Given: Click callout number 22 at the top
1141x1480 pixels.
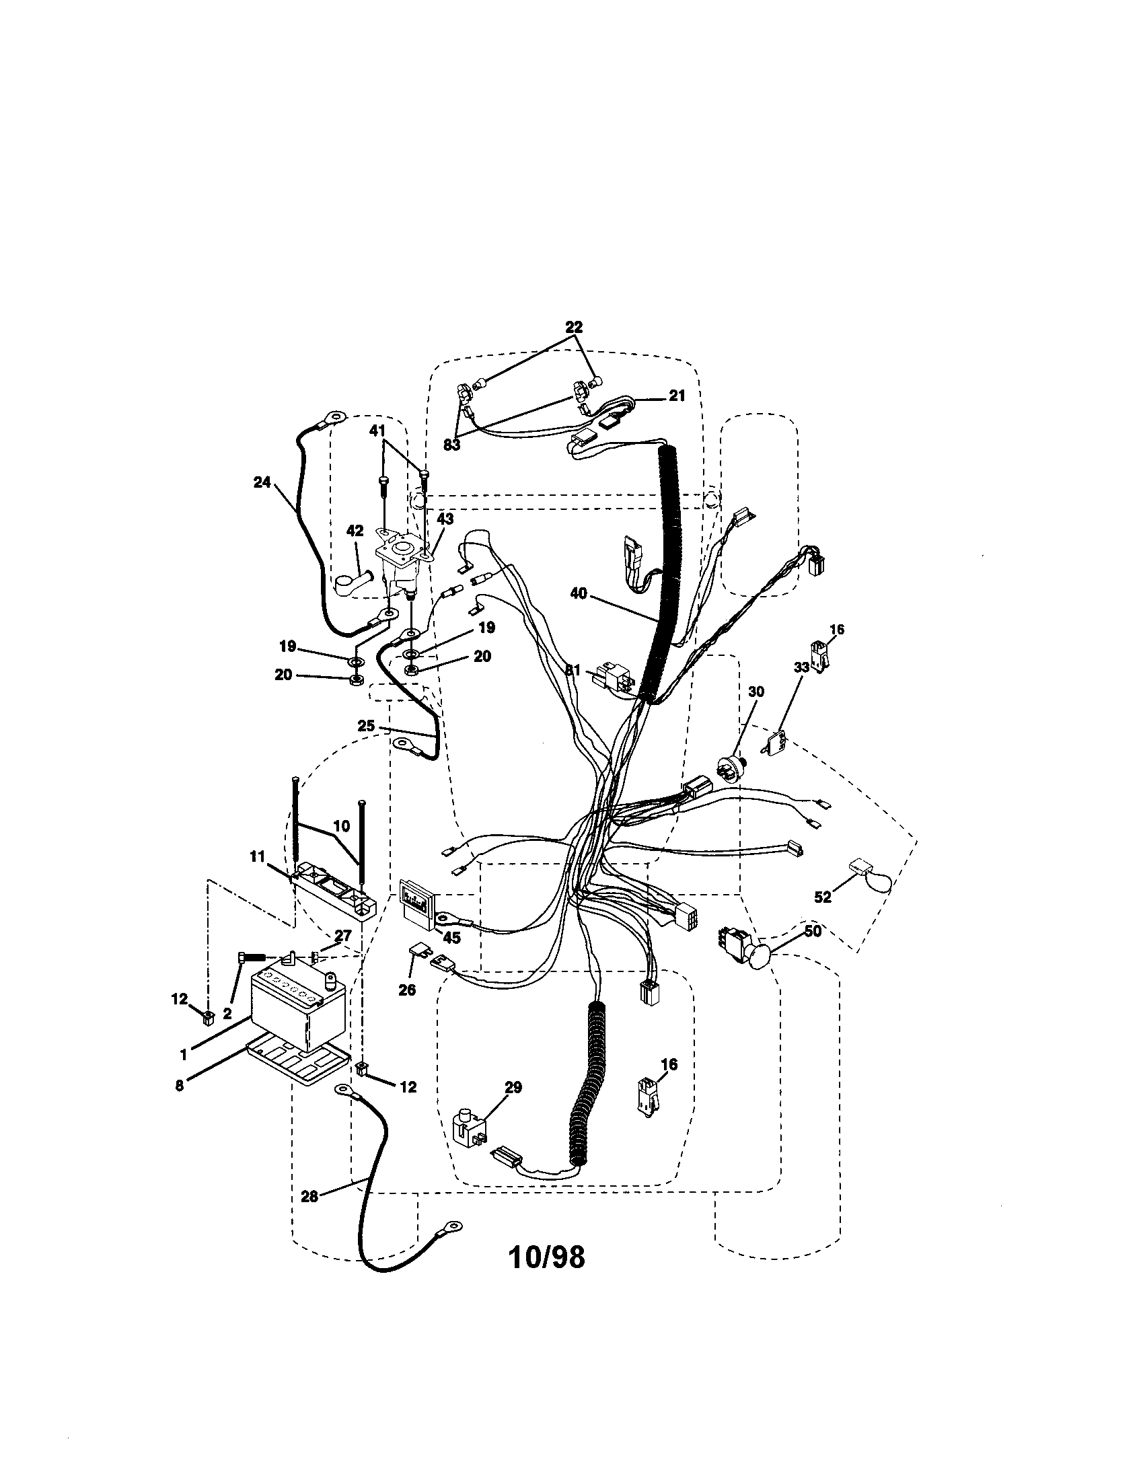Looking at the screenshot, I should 573,327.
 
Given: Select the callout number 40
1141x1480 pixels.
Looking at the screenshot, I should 579,593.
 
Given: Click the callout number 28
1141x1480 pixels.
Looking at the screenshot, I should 309,1197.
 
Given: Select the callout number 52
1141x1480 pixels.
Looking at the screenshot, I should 822,897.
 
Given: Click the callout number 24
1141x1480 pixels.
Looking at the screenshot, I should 262,482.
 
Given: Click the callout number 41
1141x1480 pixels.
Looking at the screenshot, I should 377,430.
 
